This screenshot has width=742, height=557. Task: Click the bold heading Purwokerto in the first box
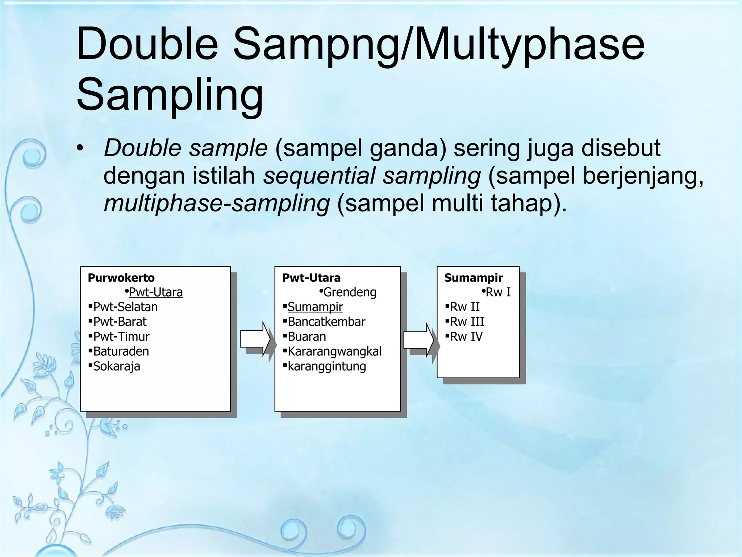[x=121, y=278]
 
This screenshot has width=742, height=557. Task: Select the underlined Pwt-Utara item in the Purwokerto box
[x=156, y=292]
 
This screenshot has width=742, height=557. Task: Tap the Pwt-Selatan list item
[x=125, y=307]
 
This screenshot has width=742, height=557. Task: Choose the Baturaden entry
[x=121, y=351]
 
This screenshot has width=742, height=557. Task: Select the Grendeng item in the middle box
[x=350, y=292]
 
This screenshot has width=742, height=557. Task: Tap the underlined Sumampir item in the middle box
[x=315, y=307]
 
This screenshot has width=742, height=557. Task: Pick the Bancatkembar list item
[x=326, y=322]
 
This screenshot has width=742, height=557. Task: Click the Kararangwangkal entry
[x=334, y=351]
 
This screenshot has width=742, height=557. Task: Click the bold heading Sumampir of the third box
[x=474, y=278]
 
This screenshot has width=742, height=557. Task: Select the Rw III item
[x=467, y=322]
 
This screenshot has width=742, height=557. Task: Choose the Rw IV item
[x=466, y=337]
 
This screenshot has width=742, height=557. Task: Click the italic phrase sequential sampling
[x=372, y=176]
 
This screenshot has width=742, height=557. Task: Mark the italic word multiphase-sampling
[x=217, y=203]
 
